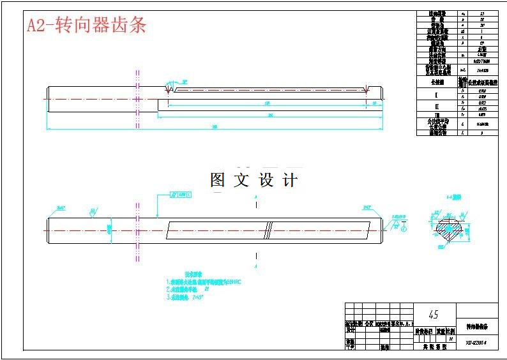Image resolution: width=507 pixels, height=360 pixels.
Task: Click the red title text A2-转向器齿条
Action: pyautogui.click(x=87, y=25)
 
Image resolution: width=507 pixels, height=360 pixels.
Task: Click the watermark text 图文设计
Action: pyautogui.click(x=253, y=181)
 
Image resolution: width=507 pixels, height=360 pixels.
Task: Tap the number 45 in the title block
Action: pyautogui.click(x=434, y=315)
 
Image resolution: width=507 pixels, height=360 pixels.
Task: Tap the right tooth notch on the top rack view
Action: pyautogui.click(x=366, y=90)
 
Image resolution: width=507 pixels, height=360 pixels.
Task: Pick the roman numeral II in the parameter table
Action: pyautogui.click(x=436, y=103)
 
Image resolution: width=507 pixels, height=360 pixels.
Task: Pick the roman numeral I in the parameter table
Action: pyautogui.click(x=436, y=93)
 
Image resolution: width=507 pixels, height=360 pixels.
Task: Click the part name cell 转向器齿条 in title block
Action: pyautogui.click(x=477, y=327)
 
